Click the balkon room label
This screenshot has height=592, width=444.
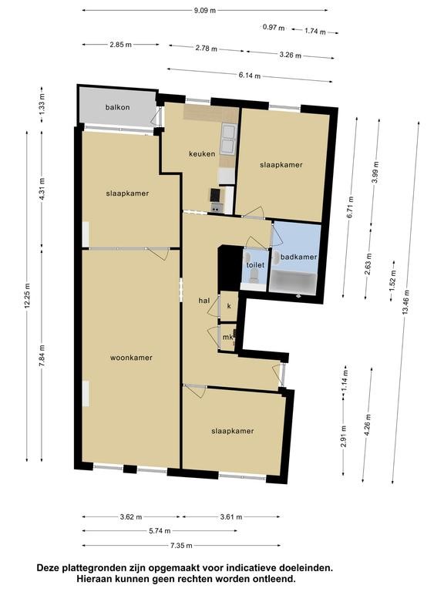click(x=117, y=107)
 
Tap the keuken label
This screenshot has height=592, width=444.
click(x=202, y=153)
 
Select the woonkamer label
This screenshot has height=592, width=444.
click(x=131, y=358)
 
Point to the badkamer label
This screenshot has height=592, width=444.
click(x=299, y=257)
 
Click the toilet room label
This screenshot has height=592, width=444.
click(x=256, y=265)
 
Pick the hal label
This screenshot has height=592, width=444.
click(x=204, y=301)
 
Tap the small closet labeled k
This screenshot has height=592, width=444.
click(x=229, y=306)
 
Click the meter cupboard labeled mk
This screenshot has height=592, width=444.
click(x=227, y=338)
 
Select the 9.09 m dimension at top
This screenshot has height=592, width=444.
click(x=205, y=11)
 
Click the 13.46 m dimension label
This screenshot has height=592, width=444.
click(x=406, y=301)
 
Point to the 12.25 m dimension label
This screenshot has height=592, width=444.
click(x=27, y=296)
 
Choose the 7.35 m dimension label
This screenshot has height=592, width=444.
click(x=181, y=545)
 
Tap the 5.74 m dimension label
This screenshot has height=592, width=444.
click(x=160, y=531)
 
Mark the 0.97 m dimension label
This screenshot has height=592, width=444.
click(x=274, y=28)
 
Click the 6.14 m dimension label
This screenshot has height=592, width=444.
click(x=250, y=75)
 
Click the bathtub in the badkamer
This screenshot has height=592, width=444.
click(x=294, y=281)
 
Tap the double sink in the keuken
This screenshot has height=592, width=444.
click(x=229, y=140)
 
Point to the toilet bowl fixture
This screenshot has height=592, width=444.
click(x=254, y=277)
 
